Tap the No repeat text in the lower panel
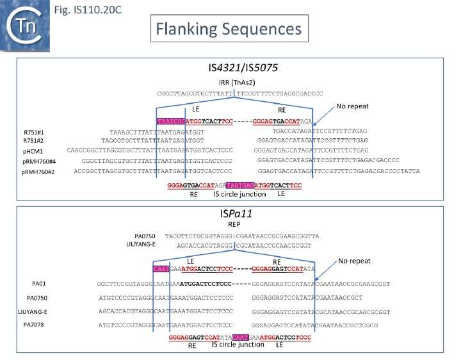pos(359,261)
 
